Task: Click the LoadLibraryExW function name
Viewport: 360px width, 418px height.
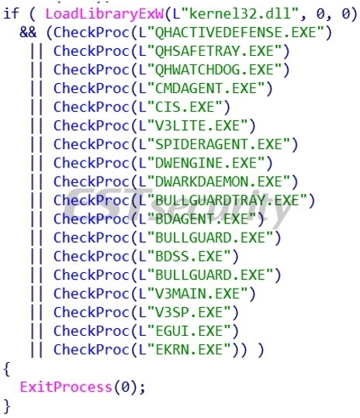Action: coord(104,14)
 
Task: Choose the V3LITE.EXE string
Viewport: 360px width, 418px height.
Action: coord(192,126)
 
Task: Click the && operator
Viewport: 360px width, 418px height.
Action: coord(28,33)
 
